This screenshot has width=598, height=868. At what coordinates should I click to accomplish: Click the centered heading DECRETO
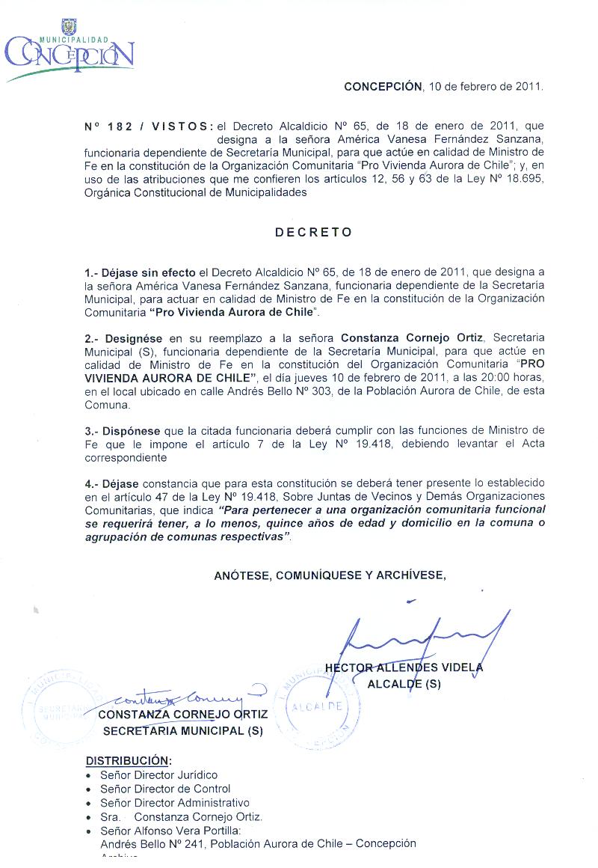pos(314,232)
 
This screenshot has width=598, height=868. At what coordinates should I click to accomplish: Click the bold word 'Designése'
pos(135,338)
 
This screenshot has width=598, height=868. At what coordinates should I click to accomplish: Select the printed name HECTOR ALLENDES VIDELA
pos(404,667)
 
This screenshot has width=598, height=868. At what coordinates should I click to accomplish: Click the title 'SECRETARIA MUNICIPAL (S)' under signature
pos(183,731)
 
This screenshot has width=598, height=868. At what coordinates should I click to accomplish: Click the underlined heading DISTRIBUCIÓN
pos(129,760)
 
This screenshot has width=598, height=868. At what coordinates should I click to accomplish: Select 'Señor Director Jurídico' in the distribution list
pos(159,774)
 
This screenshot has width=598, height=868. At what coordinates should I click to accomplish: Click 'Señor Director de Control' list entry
pos(165,789)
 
